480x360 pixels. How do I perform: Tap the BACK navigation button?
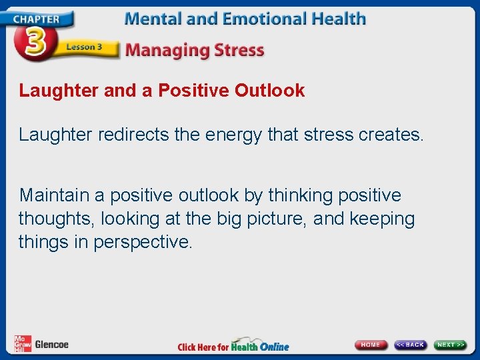coord(410,345)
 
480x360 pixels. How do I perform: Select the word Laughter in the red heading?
coord(59,91)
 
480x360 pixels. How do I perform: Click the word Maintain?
coord(54,195)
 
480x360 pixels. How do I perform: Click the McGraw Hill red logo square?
coord(22,343)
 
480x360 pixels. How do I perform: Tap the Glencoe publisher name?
coord(51,345)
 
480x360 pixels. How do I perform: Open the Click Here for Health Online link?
coord(233,346)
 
